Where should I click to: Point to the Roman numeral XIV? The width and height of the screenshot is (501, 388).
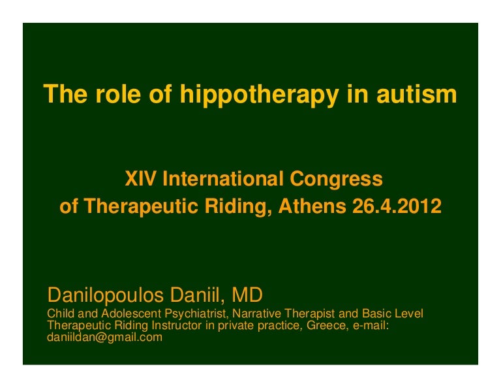[139, 178]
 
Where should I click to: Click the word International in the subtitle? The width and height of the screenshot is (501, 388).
[224, 178]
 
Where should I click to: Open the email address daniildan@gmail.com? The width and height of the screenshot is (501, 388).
[105, 338]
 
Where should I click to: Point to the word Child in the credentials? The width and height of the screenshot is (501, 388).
[61, 314]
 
